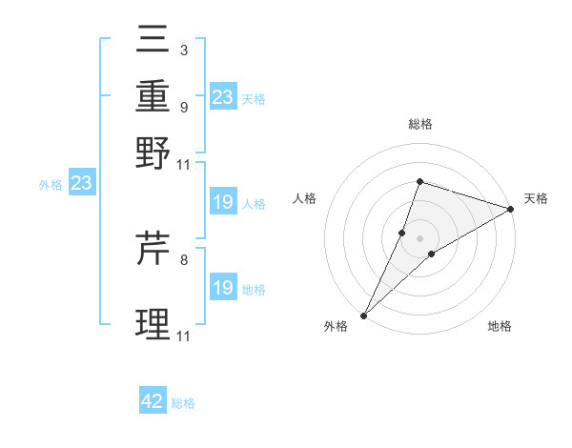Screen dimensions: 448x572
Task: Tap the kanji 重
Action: click(153, 98)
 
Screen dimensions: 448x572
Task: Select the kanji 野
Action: click(153, 153)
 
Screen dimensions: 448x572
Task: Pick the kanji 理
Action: click(153, 325)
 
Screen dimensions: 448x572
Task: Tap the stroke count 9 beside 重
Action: click(183, 107)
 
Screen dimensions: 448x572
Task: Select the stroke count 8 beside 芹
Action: click(183, 258)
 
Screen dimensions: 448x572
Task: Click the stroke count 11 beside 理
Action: click(184, 336)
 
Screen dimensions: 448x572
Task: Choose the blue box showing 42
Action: click(153, 401)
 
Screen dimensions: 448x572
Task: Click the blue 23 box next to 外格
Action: click(81, 183)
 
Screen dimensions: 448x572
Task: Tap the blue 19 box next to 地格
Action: click(222, 288)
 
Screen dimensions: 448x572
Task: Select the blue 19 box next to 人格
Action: click(222, 202)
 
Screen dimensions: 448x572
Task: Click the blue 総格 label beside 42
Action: click(183, 403)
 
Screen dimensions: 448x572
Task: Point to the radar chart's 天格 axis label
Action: click(536, 198)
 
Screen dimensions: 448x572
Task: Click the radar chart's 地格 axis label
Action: click(500, 327)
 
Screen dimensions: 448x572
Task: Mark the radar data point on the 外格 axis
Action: click(364, 316)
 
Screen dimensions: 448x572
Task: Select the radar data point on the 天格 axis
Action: click(511, 210)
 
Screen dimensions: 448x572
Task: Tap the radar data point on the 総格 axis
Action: click(419, 181)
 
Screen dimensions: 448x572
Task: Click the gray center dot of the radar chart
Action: click(419, 238)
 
